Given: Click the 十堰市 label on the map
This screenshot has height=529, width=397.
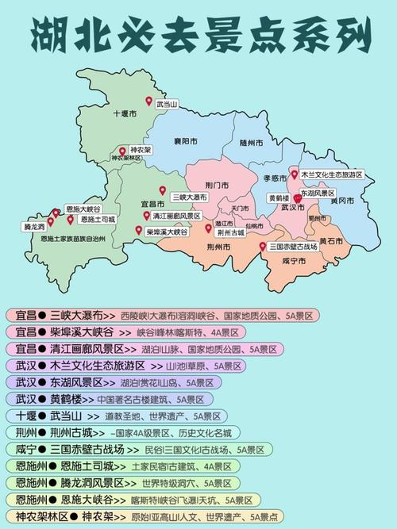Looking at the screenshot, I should tap(126, 114).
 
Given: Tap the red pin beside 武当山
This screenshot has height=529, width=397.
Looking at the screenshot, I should tap(148, 100).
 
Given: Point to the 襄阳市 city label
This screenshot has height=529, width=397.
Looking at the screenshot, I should tap(186, 140).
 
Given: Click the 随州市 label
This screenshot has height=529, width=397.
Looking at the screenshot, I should tap(252, 143).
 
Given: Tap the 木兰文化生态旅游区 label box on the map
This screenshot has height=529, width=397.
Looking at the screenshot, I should tap(331, 174).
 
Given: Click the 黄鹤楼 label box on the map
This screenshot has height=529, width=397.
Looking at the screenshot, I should tap(278, 197).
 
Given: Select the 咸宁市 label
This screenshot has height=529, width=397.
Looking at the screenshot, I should tap(281, 260).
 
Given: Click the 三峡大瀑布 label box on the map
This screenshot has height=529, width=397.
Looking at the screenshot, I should tap(189, 197).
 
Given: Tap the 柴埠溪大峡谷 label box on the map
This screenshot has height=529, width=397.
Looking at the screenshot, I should tap(167, 232).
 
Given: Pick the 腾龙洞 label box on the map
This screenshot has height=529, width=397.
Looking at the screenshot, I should tap(33, 226).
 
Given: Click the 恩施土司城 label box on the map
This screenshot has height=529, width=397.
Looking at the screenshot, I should tap(97, 219).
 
